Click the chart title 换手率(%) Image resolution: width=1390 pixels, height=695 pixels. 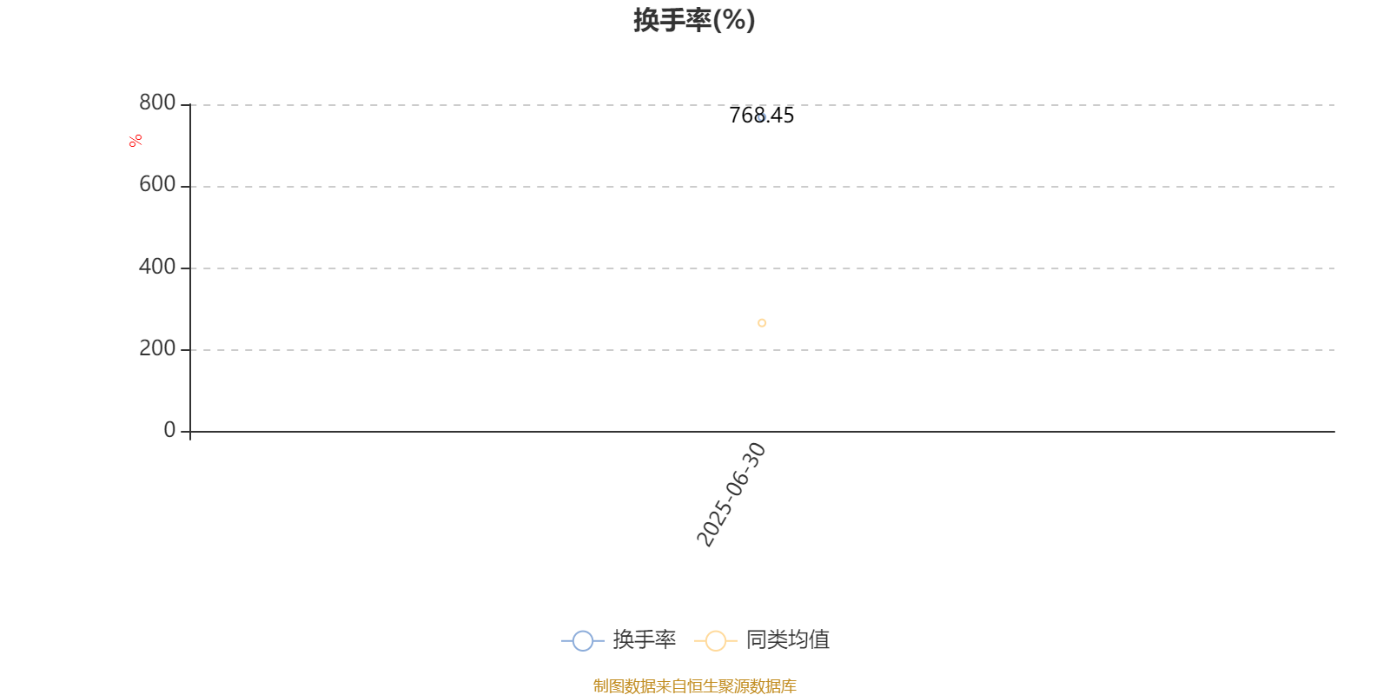[x=694, y=21]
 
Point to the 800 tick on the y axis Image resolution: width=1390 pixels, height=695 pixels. [x=157, y=103]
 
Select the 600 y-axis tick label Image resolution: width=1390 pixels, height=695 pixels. [x=157, y=184]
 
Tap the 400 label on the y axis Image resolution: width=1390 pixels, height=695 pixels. [x=157, y=266]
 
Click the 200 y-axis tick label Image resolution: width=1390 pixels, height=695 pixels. [x=157, y=348]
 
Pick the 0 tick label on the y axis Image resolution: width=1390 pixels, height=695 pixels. [x=169, y=429]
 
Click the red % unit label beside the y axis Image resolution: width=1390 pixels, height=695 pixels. [x=136, y=141]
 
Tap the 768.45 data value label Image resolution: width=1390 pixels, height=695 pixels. [x=761, y=116]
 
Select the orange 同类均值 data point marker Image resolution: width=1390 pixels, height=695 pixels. [x=762, y=322]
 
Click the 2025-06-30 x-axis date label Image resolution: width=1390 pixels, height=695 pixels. [x=731, y=494]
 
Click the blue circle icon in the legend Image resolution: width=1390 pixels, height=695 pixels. [x=583, y=641]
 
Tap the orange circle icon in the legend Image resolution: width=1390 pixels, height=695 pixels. [x=716, y=641]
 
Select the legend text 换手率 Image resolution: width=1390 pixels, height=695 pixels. [x=644, y=639]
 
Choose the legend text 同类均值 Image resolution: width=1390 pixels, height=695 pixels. [x=787, y=639]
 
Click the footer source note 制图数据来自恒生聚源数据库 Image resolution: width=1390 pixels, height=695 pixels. [x=694, y=685]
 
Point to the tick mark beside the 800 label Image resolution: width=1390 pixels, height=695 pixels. [x=185, y=105]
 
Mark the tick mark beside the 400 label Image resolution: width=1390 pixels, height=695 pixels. [x=185, y=268]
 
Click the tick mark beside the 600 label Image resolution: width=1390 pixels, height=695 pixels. [x=185, y=186]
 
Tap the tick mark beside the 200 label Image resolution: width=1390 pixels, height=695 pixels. [x=185, y=350]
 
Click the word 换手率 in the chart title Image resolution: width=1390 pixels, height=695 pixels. [x=672, y=21]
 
